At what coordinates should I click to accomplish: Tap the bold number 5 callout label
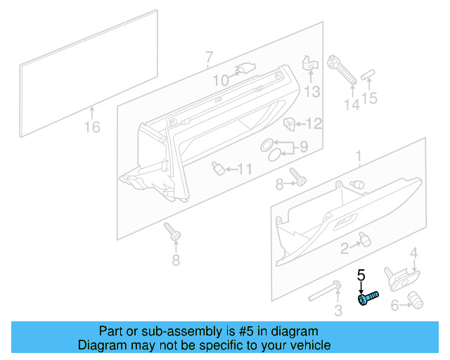[362, 275]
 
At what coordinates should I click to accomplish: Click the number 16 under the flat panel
[92, 127]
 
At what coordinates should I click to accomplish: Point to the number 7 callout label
[209, 57]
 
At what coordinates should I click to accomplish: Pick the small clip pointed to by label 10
[244, 69]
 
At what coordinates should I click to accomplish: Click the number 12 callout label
[313, 124]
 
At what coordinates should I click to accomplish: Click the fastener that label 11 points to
[219, 168]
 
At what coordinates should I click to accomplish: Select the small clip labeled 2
[364, 241]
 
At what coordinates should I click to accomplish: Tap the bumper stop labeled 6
[416, 302]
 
